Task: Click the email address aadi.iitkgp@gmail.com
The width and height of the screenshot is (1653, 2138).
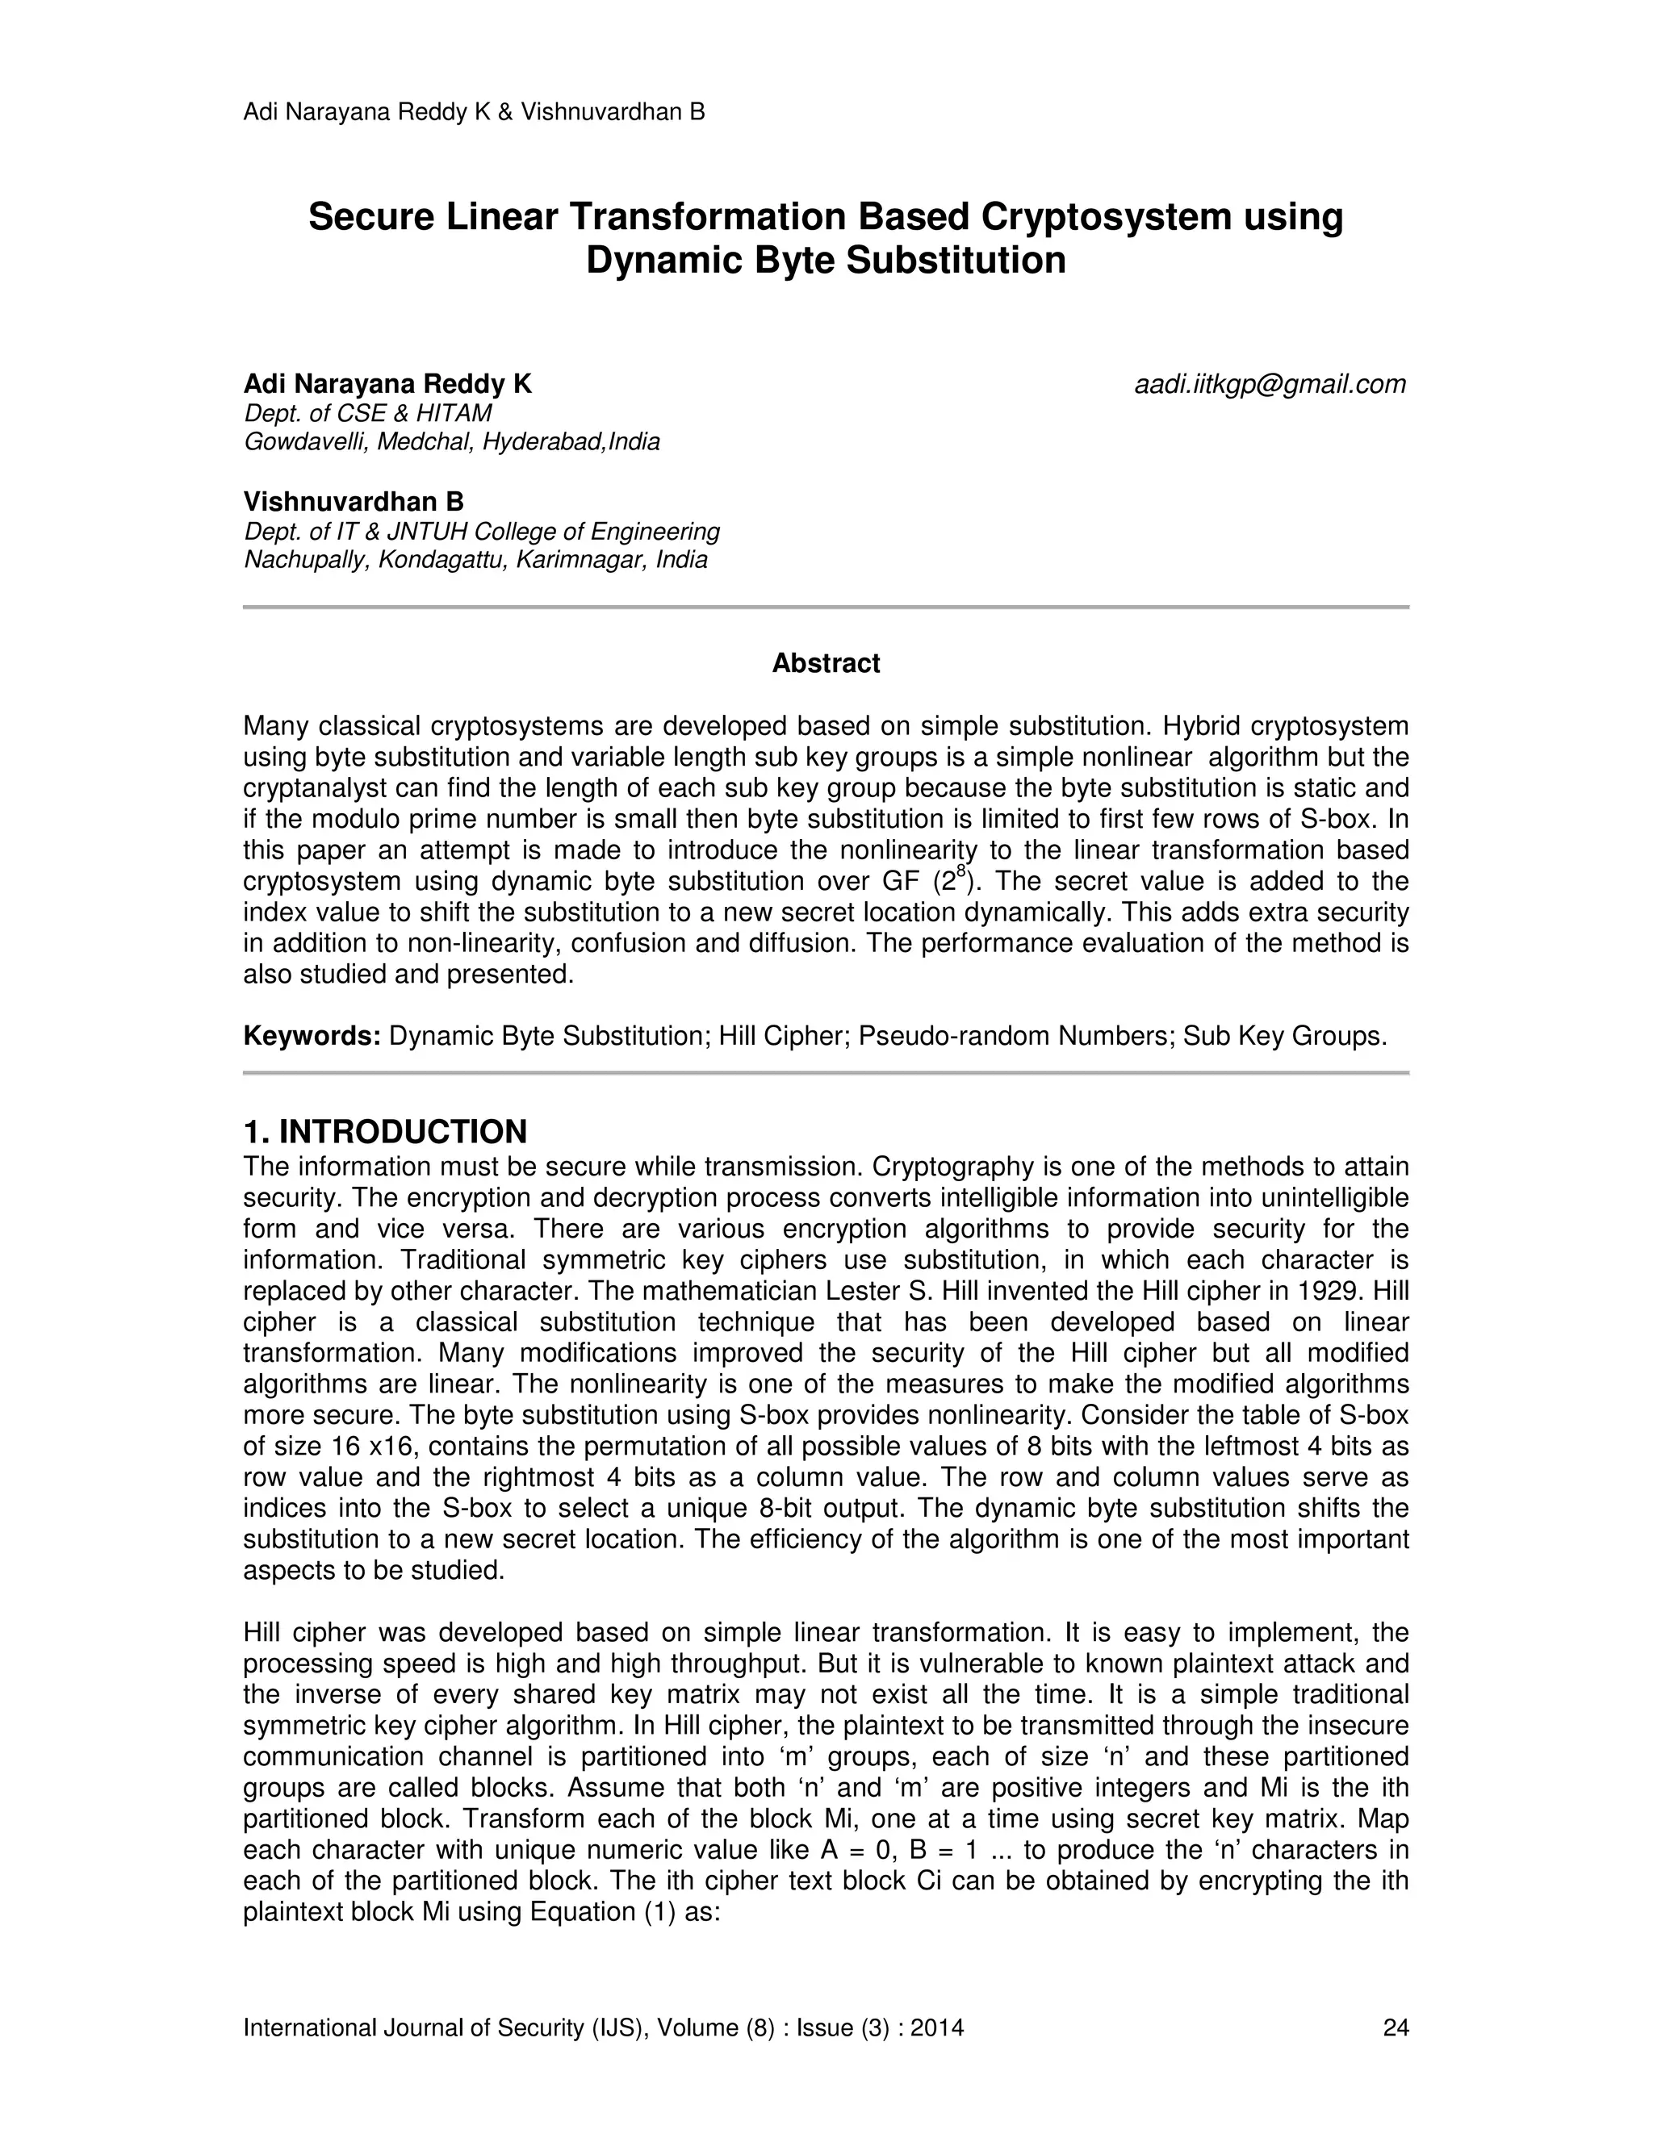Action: pos(1269,385)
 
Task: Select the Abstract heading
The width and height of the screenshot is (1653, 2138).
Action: pos(826,664)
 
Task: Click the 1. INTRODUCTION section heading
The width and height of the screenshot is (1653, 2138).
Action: pos(385,1132)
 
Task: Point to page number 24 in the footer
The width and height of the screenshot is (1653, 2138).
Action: pos(1395,2027)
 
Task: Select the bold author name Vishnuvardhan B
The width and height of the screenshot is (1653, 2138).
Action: pos(354,502)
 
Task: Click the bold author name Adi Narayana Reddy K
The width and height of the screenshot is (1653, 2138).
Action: pos(387,385)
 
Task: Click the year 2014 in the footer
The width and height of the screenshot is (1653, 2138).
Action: pos(937,2027)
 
